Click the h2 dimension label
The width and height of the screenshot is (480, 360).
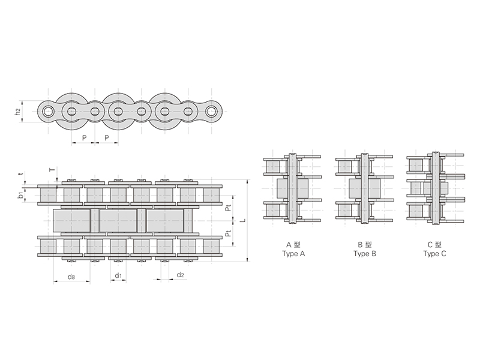tap(19, 112)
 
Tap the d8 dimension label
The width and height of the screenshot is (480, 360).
tap(71, 277)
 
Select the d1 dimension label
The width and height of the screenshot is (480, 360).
tap(118, 275)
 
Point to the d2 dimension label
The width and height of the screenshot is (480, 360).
tap(181, 275)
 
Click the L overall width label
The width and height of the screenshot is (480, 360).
tap(243, 220)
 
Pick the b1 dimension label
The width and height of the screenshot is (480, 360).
tap(20, 195)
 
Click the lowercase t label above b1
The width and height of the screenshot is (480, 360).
tap(21, 173)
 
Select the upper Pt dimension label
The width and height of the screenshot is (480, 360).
tap(228, 208)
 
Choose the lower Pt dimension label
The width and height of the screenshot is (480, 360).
tap(228, 233)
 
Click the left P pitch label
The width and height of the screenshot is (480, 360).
tap(84, 138)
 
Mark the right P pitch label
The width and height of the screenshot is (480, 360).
tap(107, 138)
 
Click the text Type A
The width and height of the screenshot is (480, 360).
tap(293, 254)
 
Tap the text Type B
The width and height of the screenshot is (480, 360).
tap(365, 254)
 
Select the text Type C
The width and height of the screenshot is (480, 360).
tap(434, 254)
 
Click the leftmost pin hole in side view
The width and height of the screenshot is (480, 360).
tap(48, 111)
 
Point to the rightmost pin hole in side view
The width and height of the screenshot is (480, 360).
tap(211, 111)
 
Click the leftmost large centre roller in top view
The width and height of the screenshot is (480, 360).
tap(71, 220)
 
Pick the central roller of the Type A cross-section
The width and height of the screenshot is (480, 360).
tap(293, 188)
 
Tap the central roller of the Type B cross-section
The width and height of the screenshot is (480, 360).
tap(364, 188)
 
